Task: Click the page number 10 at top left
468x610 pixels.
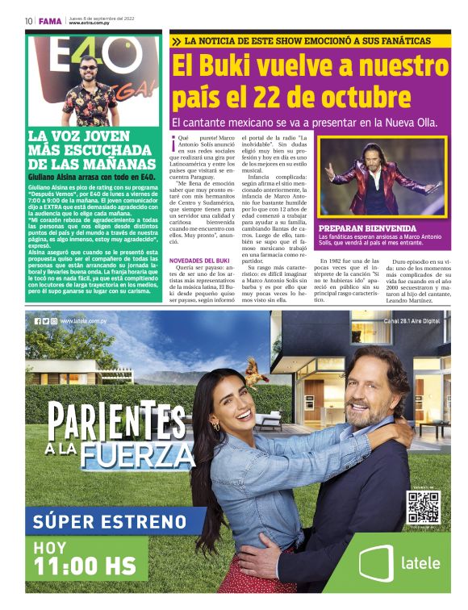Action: click(x=28, y=21)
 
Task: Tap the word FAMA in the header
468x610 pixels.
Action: click(x=49, y=21)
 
